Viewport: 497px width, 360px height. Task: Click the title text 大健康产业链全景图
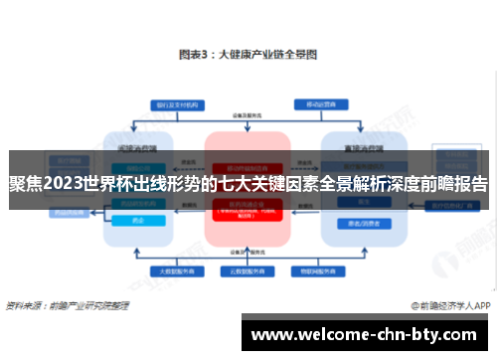tap(266, 58)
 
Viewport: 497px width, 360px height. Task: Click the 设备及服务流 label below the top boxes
tap(248, 117)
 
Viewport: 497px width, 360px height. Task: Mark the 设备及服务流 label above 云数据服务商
tap(248, 252)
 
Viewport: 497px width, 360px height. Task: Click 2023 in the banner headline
tap(67, 184)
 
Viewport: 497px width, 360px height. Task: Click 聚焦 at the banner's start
tap(25, 184)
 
